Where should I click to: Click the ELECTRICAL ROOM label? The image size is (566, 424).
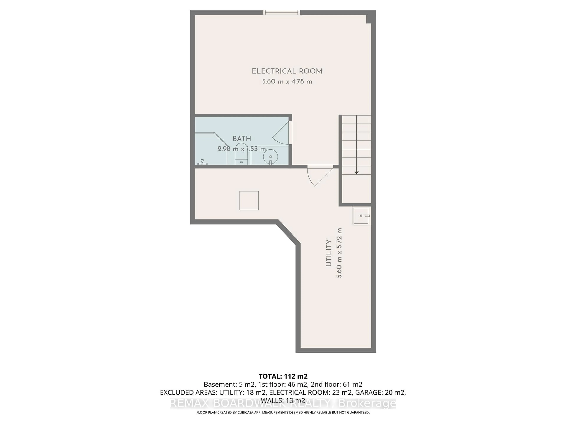(x=287, y=71)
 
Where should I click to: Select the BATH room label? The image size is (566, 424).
(x=242, y=139)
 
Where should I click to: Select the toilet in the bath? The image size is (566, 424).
(x=241, y=155)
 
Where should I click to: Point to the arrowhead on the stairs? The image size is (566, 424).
(x=356, y=173)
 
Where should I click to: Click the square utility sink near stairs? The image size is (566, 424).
(x=361, y=216)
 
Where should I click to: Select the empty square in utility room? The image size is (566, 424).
(x=249, y=201)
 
